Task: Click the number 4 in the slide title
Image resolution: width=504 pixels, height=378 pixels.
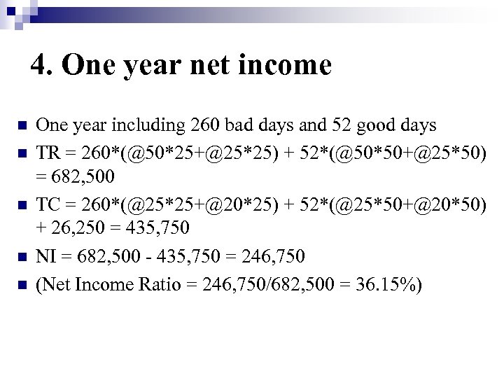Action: (38, 66)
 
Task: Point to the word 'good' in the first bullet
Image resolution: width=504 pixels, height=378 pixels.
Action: (377, 126)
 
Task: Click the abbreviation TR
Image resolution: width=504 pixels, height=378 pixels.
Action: (48, 153)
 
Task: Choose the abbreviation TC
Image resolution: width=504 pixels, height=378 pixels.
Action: (48, 204)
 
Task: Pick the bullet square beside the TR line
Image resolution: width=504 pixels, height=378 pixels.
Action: (20, 153)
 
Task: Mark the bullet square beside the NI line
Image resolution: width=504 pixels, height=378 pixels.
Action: (20, 258)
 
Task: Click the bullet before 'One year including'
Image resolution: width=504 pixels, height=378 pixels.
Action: (20, 127)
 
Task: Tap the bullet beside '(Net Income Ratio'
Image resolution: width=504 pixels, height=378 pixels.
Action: (20, 284)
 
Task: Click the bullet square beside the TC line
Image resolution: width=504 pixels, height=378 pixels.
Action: (20, 205)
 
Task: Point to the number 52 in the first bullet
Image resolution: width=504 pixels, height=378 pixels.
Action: (344, 126)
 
